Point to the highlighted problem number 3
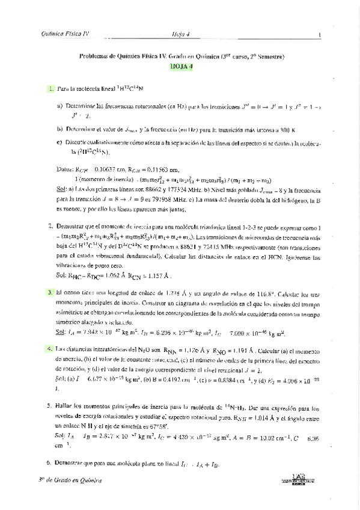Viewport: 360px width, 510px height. (x=50, y=292)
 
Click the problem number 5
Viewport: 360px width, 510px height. (x=50, y=407)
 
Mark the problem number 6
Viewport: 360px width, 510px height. (x=50, y=464)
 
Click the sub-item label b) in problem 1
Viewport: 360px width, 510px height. (x=59, y=128)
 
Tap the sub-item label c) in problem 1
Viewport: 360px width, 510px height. (x=59, y=143)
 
